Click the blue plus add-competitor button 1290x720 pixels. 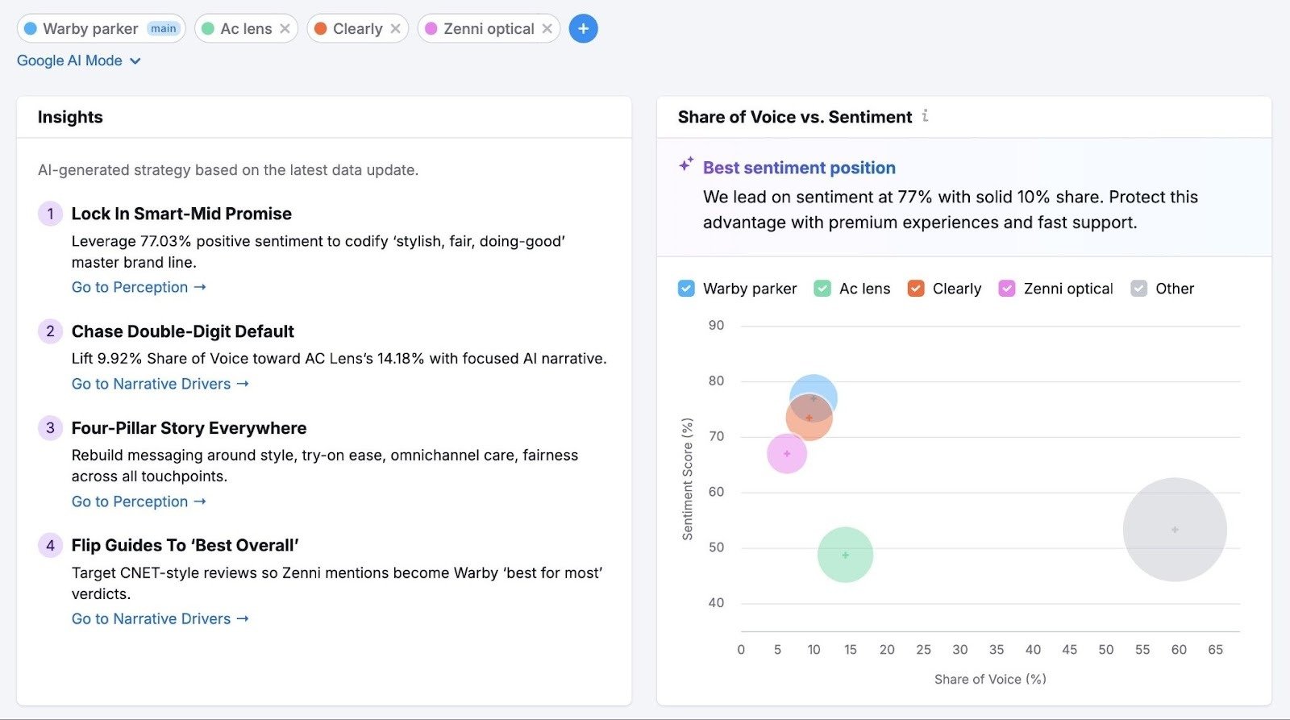tap(583, 29)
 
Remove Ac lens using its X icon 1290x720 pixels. tap(285, 29)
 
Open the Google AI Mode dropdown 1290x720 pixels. tap(79, 60)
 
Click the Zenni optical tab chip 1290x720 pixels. tap(488, 29)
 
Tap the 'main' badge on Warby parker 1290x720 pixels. tap(163, 29)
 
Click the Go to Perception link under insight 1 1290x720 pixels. tap(139, 287)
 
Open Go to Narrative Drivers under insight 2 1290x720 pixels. tap(160, 384)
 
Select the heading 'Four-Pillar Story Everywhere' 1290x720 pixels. tap(189, 428)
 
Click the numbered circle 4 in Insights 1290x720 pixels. tap(50, 546)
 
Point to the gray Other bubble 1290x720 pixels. tap(1175, 530)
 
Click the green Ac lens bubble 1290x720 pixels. tap(845, 555)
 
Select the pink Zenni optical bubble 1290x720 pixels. tap(787, 454)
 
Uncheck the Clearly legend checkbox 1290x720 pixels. tap(916, 289)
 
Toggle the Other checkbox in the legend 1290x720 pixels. tap(1138, 289)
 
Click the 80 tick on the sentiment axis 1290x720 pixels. tap(716, 381)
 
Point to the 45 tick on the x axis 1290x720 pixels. tap(1069, 650)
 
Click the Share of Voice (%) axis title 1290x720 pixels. tap(990, 680)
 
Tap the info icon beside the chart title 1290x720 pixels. tap(925, 116)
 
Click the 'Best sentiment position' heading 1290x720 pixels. tap(798, 168)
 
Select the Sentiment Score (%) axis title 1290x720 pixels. tap(687, 479)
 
